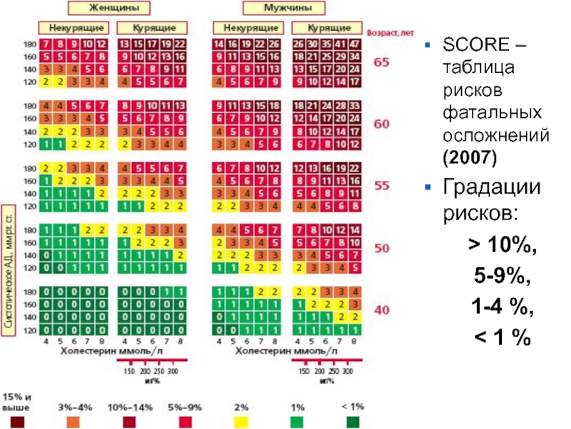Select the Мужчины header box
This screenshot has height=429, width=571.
(x=284, y=9)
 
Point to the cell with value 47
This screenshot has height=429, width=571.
(x=355, y=44)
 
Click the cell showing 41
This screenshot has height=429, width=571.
(x=342, y=44)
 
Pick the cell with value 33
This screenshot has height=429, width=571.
(x=355, y=106)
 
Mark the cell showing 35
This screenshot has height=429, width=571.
(x=328, y=44)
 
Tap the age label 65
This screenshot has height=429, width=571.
(x=383, y=63)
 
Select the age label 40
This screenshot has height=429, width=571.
(x=383, y=311)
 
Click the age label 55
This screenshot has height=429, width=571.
(x=383, y=186)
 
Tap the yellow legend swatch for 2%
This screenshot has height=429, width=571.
(x=241, y=423)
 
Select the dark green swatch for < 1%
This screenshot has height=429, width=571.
(x=353, y=423)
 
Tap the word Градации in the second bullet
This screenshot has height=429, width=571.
(x=492, y=187)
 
